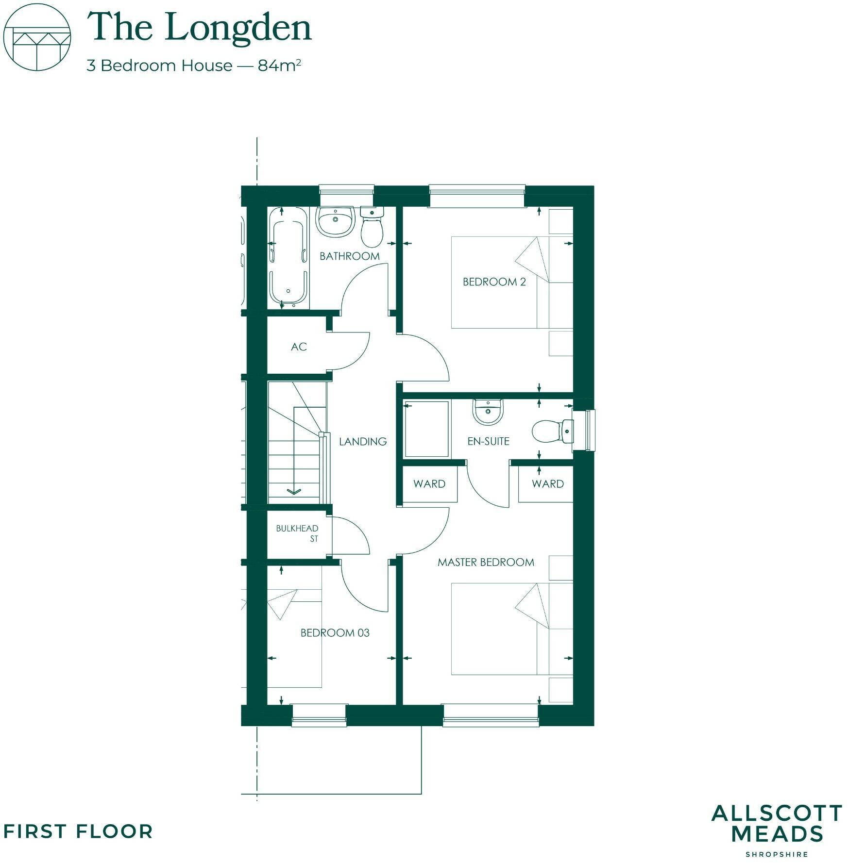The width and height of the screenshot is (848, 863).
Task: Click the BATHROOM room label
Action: pos(349,256)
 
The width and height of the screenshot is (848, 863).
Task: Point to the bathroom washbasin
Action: pos(335,221)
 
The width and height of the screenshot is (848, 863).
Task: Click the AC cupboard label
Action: pos(299,347)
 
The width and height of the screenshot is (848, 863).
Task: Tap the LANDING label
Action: pos(363,442)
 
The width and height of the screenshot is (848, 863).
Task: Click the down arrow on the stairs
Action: pos(294,491)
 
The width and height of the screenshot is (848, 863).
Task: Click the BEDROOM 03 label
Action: pos(335,633)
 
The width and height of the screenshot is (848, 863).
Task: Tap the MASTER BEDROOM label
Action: pos(486,563)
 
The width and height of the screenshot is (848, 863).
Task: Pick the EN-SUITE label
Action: pos(488,442)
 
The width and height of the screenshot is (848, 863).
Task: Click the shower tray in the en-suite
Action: pos(426,429)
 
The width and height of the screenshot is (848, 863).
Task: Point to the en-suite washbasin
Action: pos(488,413)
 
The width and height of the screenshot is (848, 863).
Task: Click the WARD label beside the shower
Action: pos(429,484)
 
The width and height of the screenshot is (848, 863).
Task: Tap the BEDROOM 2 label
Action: pos(494,282)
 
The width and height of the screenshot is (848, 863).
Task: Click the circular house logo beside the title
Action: pos(37,37)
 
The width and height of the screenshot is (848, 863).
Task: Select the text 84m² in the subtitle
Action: pos(279,66)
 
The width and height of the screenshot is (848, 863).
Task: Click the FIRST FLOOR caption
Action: pos(78,831)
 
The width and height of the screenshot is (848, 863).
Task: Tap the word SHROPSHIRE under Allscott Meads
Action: pos(777,854)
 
